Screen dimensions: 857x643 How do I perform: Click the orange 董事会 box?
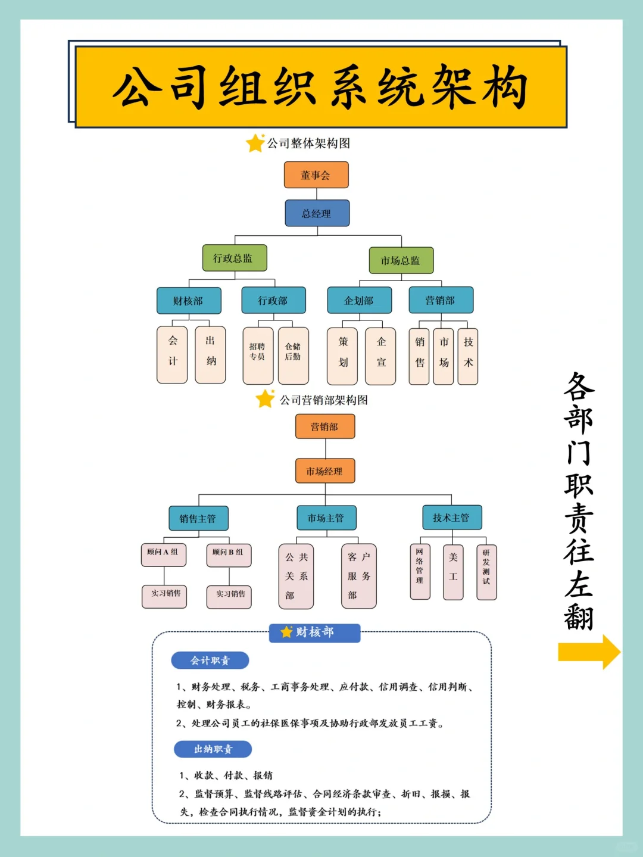pos(316,175)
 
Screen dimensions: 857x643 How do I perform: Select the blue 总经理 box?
pos(317,213)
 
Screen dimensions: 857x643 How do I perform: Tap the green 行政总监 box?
pos(235,258)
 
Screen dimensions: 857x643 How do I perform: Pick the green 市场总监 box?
pos(401,260)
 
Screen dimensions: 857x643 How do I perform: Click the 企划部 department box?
pos(359,301)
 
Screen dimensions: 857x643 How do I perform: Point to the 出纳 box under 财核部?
pos(210,354)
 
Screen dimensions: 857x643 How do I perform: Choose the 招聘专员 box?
pos(258,355)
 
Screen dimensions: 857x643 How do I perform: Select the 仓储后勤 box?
pos(293,355)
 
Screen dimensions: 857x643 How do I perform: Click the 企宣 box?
pos(380,356)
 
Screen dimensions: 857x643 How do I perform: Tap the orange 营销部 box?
pos(324,426)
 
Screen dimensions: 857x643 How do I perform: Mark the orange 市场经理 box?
pos(324,471)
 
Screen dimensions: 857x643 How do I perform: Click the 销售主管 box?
pos(198,518)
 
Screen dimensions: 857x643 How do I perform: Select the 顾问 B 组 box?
pos(229,554)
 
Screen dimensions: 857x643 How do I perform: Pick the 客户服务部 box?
pos(358,576)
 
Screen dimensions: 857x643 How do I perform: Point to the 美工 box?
pos(453,572)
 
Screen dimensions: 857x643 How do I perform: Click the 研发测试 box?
pos(486,572)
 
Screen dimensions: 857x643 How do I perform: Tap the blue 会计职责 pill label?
pos(210,660)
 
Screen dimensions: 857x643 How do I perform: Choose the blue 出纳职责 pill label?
pos(213,749)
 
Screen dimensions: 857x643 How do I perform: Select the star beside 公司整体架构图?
pos(255,143)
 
